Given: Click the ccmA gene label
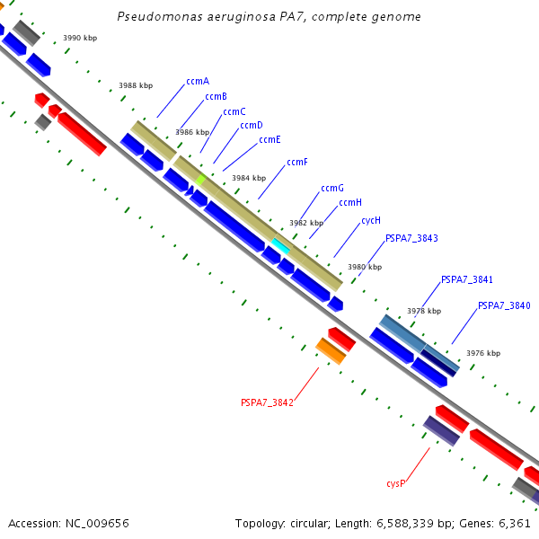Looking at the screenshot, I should (x=198, y=81).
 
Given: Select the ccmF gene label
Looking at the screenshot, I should (x=297, y=163).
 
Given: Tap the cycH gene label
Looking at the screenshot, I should (x=371, y=220).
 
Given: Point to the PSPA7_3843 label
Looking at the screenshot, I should (x=411, y=238).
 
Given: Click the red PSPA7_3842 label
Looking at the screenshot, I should (x=267, y=402).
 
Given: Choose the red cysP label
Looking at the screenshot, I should (x=396, y=483).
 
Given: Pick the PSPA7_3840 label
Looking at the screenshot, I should (x=504, y=305).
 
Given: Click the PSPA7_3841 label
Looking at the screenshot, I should (x=466, y=280).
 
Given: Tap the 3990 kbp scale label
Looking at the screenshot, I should (x=80, y=39).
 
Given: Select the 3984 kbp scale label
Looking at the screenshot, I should (x=249, y=178).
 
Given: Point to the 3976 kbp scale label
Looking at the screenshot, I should (x=483, y=353).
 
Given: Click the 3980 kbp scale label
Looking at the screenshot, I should (x=365, y=267).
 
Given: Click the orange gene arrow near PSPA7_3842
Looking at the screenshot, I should (x=331, y=351).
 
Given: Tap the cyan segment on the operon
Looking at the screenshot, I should (x=281, y=245).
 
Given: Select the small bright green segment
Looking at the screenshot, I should (x=200, y=180).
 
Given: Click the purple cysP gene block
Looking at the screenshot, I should (x=441, y=430).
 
